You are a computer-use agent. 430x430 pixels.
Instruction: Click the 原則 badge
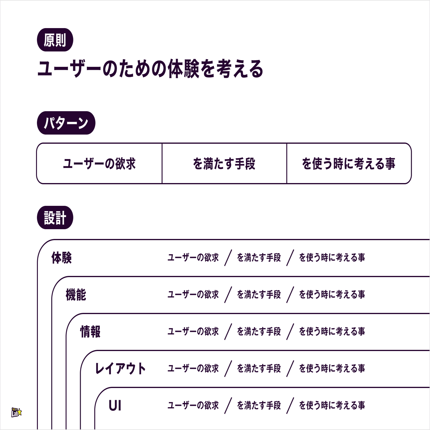[x=55, y=40]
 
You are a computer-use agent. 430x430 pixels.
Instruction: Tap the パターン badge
[x=66, y=123]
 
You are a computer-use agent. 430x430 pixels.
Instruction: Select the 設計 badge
[x=55, y=218]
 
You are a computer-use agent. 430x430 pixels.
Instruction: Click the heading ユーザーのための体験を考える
[x=150, y=69]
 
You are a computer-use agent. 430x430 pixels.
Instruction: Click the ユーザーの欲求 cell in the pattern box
[x=99, y=164]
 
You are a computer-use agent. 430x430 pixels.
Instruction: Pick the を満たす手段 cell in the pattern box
[x=224, y=164]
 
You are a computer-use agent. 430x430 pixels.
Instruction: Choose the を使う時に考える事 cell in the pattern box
[x=349, y=164]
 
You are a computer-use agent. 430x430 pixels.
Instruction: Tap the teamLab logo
[x=17, y=412]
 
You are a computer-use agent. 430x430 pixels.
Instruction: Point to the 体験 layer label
[x=62, y=258]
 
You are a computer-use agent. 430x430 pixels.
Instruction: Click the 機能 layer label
[x=76, y=295]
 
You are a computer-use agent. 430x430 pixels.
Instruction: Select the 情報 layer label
[x=90, y=332]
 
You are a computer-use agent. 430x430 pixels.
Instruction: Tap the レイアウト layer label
[x=120, y=368]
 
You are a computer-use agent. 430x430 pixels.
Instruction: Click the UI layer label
[x=115, y=405]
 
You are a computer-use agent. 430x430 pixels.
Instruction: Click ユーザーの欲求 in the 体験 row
[x=193, y=258]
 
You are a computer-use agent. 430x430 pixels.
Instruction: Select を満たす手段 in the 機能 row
[x=259, y=295]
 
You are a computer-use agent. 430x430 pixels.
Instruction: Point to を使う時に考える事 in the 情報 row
[x=332, y=332]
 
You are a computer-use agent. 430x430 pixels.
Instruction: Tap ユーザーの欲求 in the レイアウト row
[x=193, y=368]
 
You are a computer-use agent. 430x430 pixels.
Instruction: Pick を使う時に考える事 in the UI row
[x=332, y=405]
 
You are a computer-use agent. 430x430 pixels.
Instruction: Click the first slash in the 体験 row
[x=228, y=258]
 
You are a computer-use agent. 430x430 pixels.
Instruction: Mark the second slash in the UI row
[x=290, y=405]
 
